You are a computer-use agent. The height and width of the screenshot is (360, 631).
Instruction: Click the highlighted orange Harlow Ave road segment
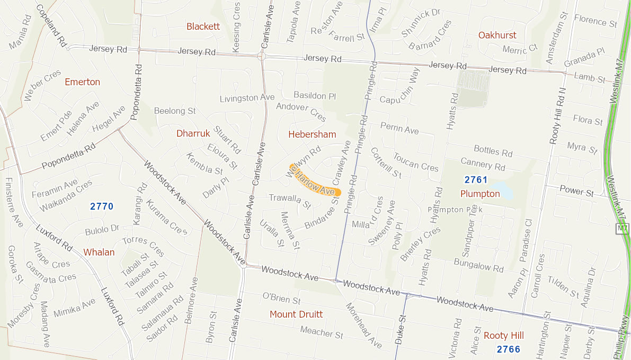pyautogui.click(x=315, y=182)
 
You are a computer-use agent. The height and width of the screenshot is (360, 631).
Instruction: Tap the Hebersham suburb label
pyautogui.click(x=312, y=134)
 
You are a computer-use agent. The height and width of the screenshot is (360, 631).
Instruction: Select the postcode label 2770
pyautogui.click(x=102, y=206)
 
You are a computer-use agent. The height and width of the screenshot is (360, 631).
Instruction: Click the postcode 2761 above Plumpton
pyautogui.click(x=476, y=180)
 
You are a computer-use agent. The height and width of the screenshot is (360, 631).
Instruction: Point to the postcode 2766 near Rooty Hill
pyautogui.click(x=509, y=349)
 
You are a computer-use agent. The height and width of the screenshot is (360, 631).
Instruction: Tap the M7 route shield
pyautogui.click(x=623, y=229)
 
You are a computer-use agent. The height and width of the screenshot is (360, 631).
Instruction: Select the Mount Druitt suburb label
pyautogui.click(x=296, y=314)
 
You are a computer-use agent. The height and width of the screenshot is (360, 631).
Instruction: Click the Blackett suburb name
pyautogui.click(x=203, y=26)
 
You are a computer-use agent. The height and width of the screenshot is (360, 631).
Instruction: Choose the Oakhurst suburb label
pyautogui.click(x=497, y=35)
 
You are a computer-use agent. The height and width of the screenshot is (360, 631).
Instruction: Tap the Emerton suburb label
pyautogui.click(x=82, y=82)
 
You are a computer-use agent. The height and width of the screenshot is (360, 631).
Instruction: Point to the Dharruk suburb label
pyautogui.click(x=193, y=133)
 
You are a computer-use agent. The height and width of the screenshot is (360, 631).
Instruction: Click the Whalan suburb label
pyautogui.click(x=99, y=253)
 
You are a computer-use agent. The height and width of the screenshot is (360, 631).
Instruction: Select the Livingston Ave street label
pyautogui.click(x=247, y=98)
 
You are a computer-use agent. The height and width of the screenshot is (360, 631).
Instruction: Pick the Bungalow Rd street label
pyautogui.click(x=479, y=265)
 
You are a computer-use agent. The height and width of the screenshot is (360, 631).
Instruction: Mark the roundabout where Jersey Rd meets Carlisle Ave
pyautogui.click(x=262, y=56)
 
